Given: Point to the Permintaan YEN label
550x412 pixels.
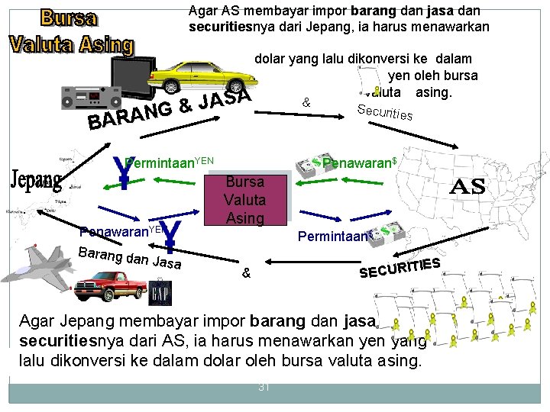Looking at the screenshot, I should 170,162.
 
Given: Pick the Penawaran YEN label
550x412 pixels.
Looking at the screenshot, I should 122,230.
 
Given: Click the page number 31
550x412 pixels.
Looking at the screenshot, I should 264,387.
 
